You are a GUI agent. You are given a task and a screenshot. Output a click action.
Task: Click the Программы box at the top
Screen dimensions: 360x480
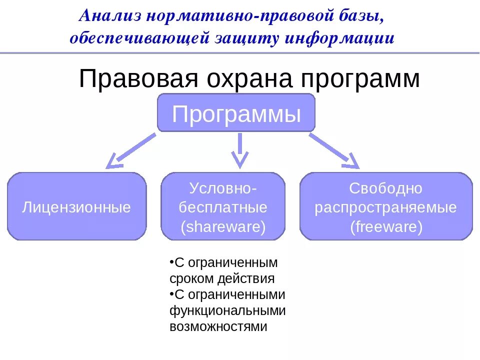(x=236, y=114)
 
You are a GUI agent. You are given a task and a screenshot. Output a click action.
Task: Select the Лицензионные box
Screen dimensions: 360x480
(x=76, y=207)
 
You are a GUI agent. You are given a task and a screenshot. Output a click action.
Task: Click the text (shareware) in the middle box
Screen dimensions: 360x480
(x=223, y=226)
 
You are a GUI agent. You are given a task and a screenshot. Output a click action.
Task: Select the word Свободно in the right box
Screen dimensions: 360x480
(x=386, y=188)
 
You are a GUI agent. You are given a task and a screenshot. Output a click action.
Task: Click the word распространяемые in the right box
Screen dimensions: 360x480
(x=386, y=207)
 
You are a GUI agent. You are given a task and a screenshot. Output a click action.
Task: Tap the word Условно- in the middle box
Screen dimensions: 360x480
(x=223, y=188)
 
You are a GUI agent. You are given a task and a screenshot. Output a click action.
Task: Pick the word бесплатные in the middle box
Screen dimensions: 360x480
(x=223, y=207)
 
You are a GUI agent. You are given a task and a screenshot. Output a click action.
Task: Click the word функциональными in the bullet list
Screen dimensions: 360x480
(x=227, y=310)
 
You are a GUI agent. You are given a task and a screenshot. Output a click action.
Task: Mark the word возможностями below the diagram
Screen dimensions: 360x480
(x=218, y=326)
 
